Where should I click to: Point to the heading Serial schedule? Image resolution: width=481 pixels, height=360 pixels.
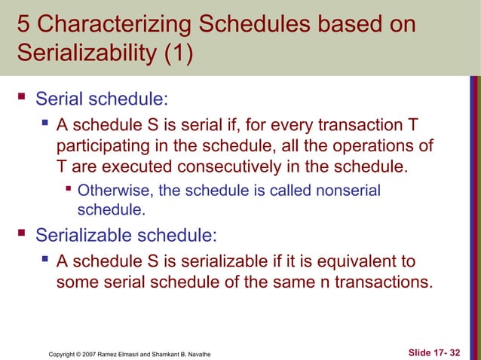coord(103,99)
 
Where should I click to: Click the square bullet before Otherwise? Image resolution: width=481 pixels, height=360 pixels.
coord(69,190)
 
